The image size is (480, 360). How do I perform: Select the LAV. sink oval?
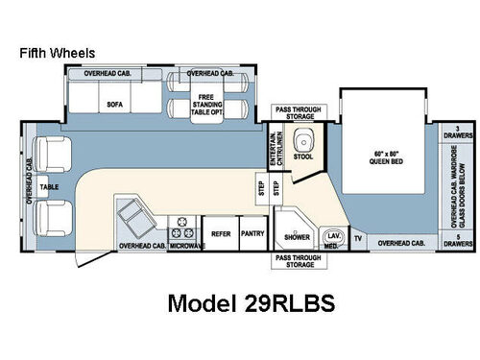point(333,234)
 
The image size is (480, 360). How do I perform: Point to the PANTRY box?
point(252,232)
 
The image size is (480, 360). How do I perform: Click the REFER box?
point(220,232)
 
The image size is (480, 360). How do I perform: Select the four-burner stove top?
point(182,229)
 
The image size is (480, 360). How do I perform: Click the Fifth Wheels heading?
point(58,54)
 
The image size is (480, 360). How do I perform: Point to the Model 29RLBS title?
point(251,302)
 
